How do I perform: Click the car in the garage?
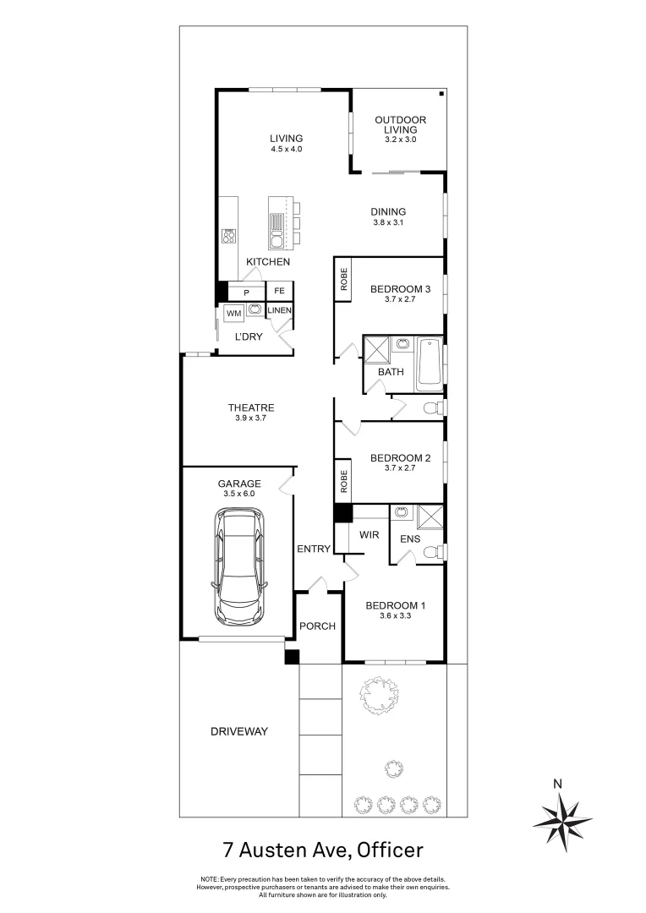239,566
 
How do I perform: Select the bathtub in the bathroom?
430,364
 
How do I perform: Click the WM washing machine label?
233,314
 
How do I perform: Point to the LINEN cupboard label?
280,311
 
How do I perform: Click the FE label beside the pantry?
280,292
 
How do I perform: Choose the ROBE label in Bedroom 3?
344,279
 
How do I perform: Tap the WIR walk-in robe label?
369,535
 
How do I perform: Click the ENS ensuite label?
410,539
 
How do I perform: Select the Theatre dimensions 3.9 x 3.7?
251,418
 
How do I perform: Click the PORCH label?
318,626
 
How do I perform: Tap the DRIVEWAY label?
239,731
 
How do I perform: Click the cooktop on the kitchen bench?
228,235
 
